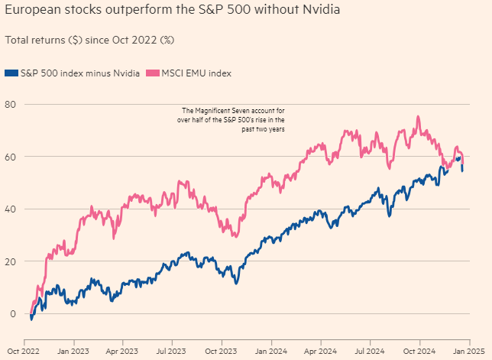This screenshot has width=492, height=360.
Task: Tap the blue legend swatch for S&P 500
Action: [10, 73]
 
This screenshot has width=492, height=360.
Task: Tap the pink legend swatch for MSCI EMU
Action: [150, 73]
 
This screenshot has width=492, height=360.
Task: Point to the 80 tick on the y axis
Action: [11, 104]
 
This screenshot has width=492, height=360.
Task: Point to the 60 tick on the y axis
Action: [11, 157]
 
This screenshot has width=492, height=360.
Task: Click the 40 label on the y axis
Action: [11, 209]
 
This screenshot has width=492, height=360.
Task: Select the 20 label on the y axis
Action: [11, 261]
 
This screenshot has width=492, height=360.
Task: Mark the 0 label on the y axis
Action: [13, 313]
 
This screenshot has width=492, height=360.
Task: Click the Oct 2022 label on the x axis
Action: [23, 352]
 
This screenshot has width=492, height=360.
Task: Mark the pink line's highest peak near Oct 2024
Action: [418, 117]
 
